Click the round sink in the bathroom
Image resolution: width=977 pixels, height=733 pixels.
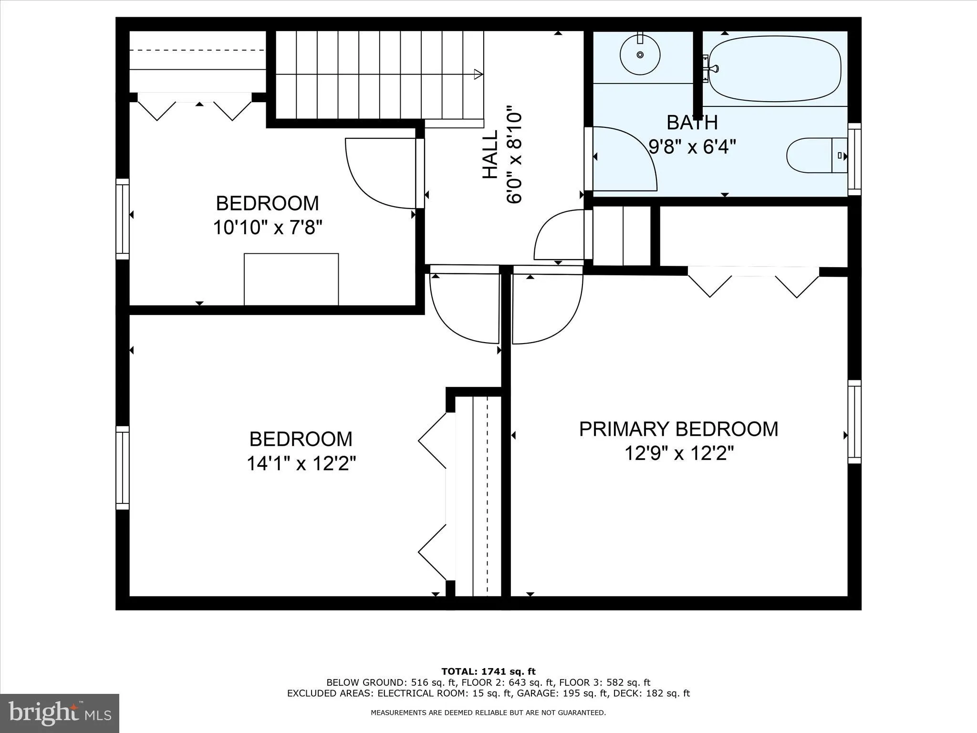coord(640,54)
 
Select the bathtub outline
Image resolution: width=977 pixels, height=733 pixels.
coord(775,68)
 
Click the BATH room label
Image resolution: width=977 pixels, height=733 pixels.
coord(692,123)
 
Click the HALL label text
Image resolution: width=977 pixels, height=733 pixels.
coord(490,155)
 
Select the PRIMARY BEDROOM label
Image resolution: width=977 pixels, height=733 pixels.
coord(678,429)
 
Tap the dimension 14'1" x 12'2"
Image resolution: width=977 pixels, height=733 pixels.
coord(301,463)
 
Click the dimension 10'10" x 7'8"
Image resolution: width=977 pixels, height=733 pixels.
coord(268,228)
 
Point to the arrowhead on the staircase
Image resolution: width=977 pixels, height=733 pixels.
coord(478,74)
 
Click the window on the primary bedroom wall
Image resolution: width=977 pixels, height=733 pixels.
coord(854,422)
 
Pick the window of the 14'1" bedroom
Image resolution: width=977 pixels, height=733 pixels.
coord(123,468)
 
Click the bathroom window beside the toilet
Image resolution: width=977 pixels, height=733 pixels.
coord(854,159)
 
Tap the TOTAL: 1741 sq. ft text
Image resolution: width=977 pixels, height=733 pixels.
coord(488,672)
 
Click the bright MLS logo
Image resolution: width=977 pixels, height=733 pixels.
coord(60,713)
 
